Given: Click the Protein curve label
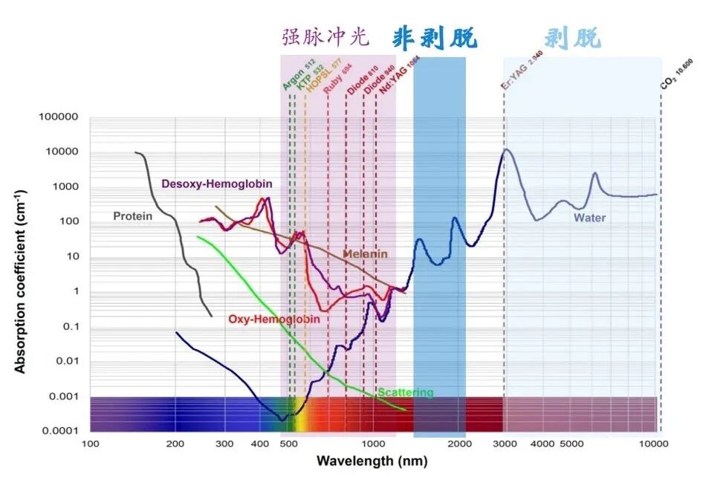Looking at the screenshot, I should click(132, 216).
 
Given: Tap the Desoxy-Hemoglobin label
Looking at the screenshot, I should click(216, 184).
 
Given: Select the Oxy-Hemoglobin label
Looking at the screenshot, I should click(274, 319).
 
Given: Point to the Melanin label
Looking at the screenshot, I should click(365, 254).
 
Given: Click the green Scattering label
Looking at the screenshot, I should click(405, 392).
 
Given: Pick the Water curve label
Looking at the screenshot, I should click(589, 218).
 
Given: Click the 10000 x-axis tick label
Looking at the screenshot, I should click(653, 444).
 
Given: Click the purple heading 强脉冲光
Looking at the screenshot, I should click(325, 38).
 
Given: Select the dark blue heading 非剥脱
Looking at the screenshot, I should click(435, 38).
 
